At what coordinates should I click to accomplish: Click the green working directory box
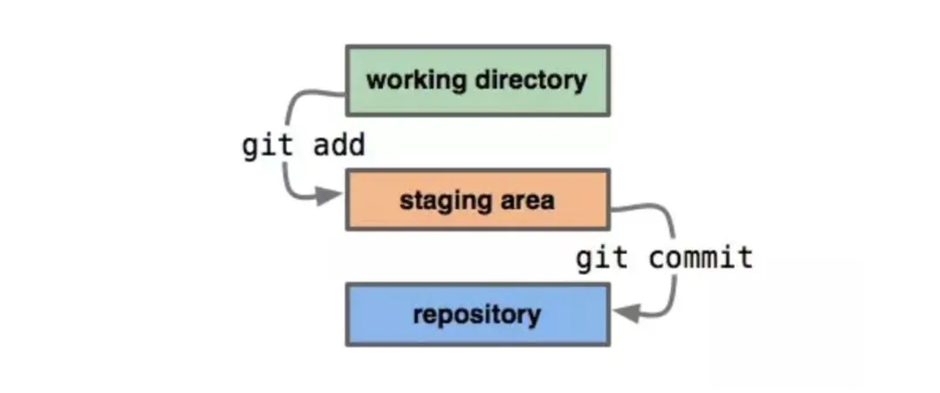click(478, 80)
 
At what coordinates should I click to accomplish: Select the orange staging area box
click(478, 200)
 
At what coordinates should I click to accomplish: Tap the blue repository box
click(478, 315)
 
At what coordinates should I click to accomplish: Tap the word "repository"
click(477, 315)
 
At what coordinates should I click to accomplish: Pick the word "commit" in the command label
click(701, 258)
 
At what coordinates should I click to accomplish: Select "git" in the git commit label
click(602, 259)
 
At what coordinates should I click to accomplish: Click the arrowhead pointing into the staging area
click(329, 195)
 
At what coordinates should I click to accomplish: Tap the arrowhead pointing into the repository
click(627, 313)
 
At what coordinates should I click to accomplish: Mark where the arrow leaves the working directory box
click(345, 93)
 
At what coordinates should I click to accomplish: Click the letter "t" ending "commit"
click(746, 258)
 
